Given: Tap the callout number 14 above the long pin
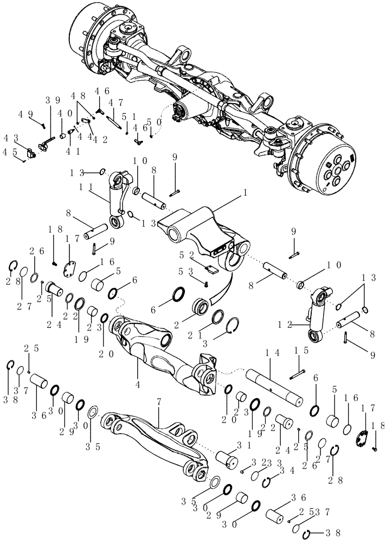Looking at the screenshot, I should click(x=272, y=352).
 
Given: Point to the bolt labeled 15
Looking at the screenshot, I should click(x=296, y=372).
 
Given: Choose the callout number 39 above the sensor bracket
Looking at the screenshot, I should click(x=52, y=101).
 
